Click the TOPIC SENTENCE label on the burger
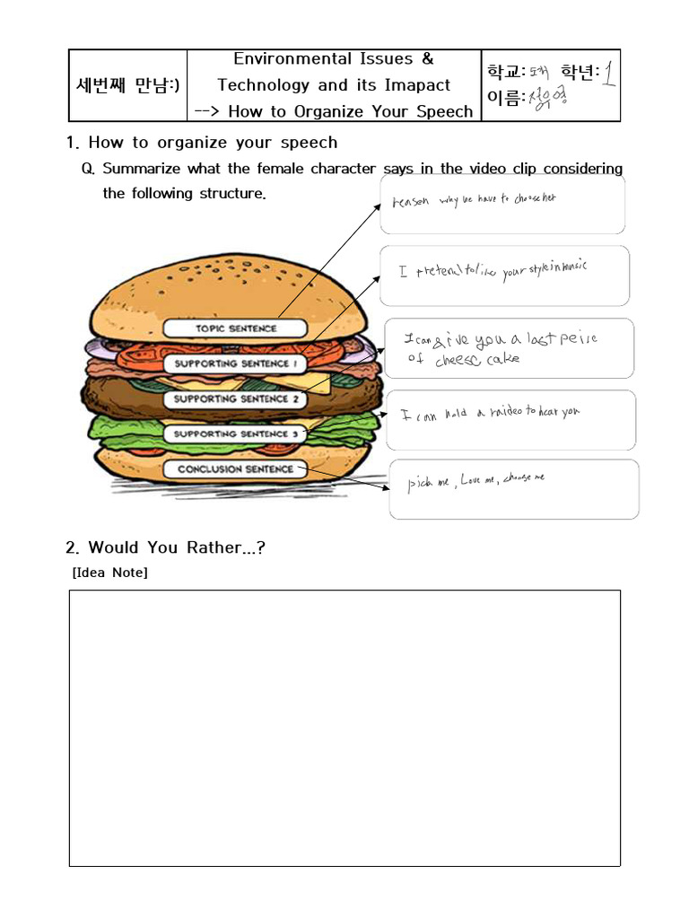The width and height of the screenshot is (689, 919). pyautogui.click(x=236, y=328)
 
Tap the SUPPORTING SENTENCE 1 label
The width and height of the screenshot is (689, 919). pyautogui.click(x=231, y=363)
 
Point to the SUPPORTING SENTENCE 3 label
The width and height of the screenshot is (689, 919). pyautogui.click(x=231, y=433)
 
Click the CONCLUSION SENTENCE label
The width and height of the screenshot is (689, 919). pyautogui.click(x=235, y=468)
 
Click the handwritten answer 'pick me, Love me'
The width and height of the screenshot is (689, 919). pyautogui.click(x=475, y=481)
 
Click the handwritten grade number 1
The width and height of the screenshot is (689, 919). pyautogui.click(x=608, y=73)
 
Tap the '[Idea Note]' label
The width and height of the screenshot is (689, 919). pyautogui.click(x=109, y=573)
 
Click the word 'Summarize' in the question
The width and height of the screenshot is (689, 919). pyautogui.click(x=143, y=169)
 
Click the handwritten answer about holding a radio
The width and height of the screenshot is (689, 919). pyautogui.click(x=490, y=413)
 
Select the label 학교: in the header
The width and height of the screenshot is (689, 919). pyautogui.click(x=507, y=71)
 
